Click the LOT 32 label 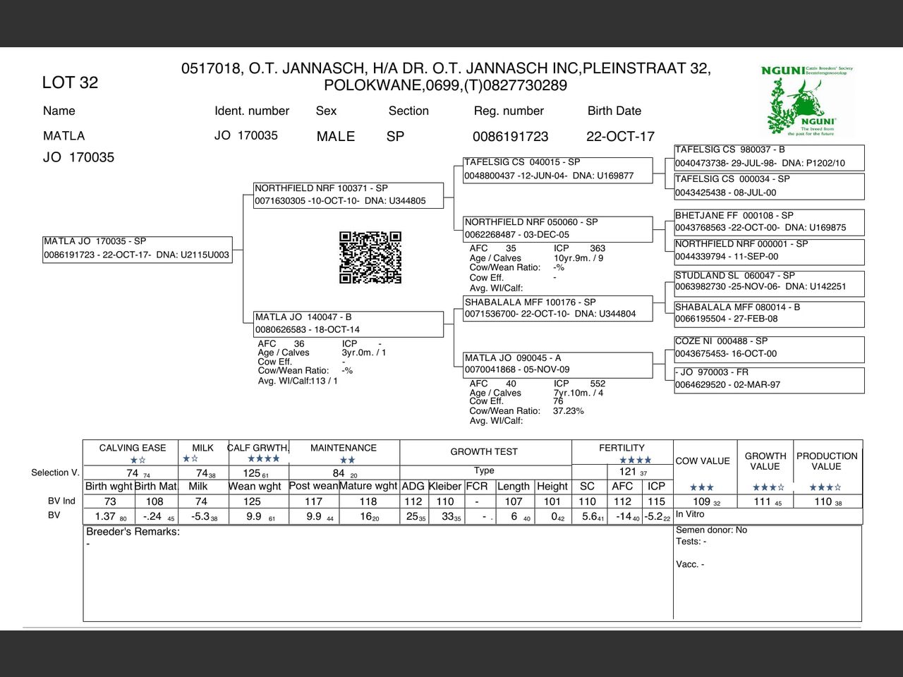pyautogui.click(x=70, y=83)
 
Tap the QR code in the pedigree pyautogui.click(x=370, y=257)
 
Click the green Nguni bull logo pyautogui.click(x=808, y=100)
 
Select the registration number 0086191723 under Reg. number pyautogui.click(x=510, y=136)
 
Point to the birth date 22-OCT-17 pyautogui.click(x=620, y=136)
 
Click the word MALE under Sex pyautogui.click(x=336, y=136)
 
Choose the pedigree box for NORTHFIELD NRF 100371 pyautogui.click(x=349, y=195)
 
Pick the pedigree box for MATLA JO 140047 pyautogui.click(x=349, y=324)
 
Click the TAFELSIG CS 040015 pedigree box pyautogui.click(x=557, y=169)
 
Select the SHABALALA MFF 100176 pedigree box pyautogui.click(x=557, y=308)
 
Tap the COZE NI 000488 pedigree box pyautogui.click(x=769, y=348)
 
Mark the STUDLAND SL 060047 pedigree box pyautogui.click(x=769, y=281)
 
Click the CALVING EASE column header pyautogui.click(x=133, y=448)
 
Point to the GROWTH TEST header pyautogui.click(x=484, y=451)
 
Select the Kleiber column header pyautogui.click(x=445, y=486)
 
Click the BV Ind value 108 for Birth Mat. pyautogui.click(x=154, y=501)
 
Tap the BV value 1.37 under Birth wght pyautogui.click(x=105, y=516)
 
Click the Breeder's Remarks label pyautogui.click(x=133, y=532)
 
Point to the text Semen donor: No pyautogui.click(x=711, y=530)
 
